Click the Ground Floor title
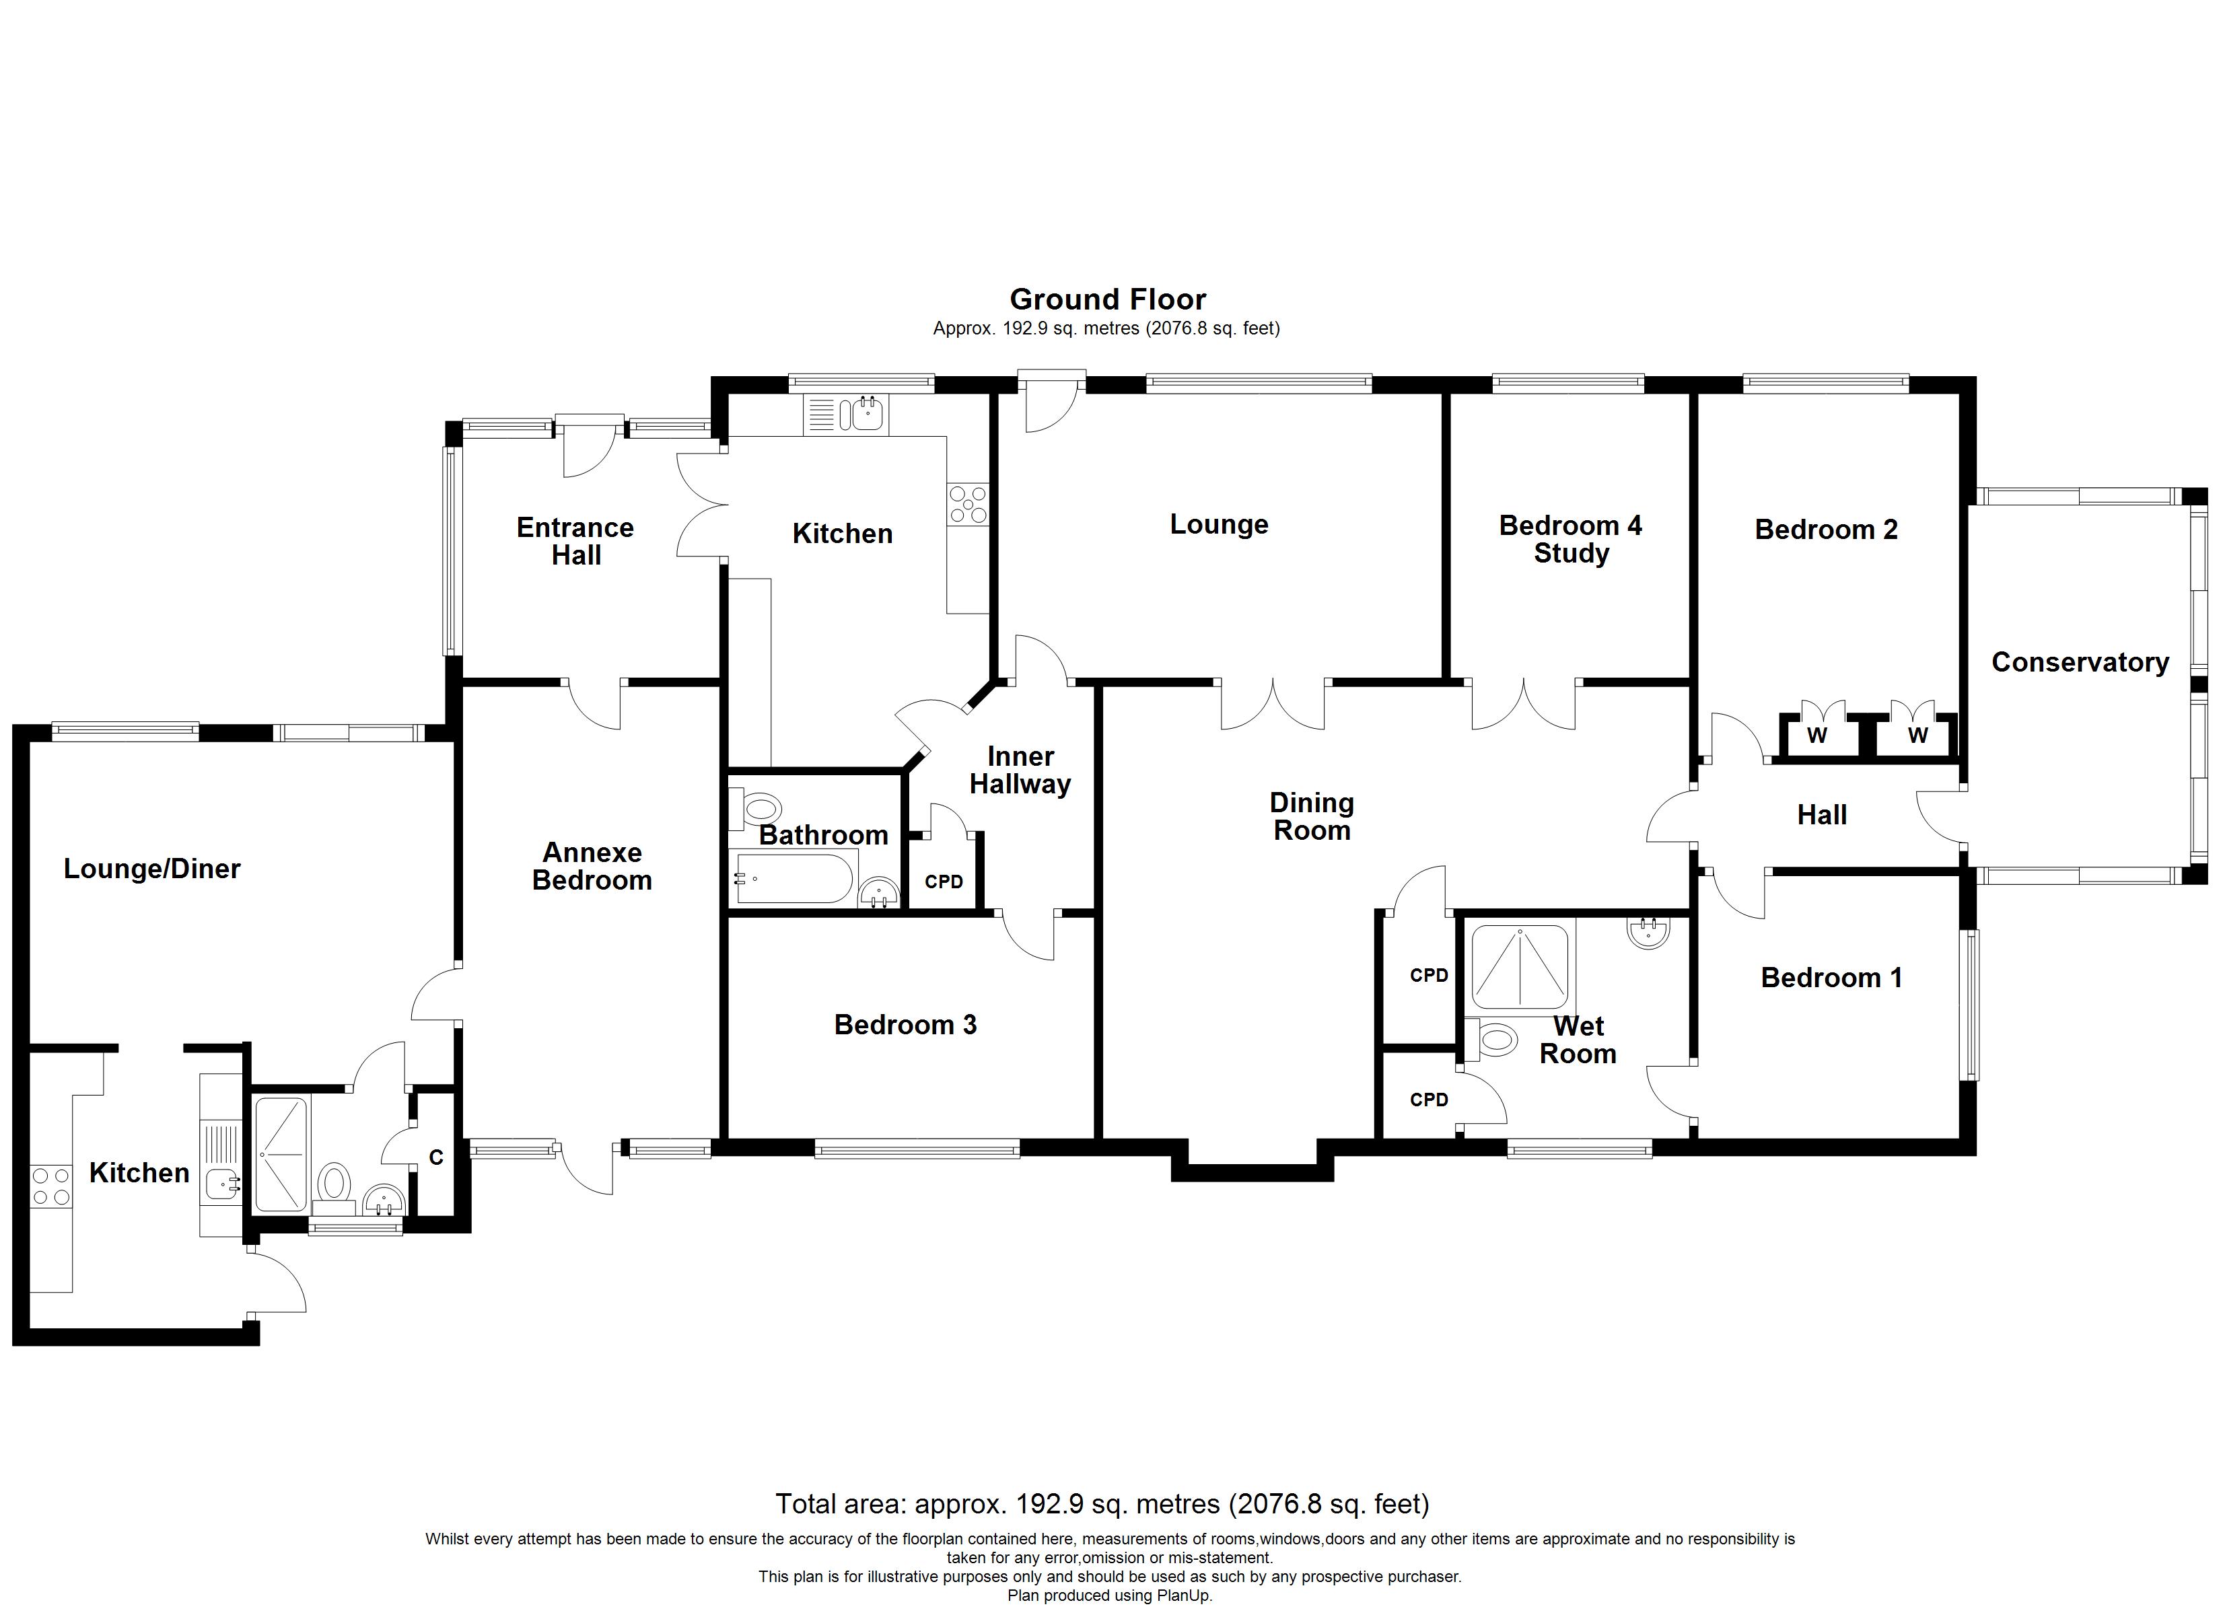point(1108,299)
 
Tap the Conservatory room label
point(2080,662)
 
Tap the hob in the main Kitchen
point(968,505)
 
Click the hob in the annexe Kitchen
point(52,1186)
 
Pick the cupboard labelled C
point(435,1157)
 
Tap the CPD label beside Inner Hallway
point(944,882)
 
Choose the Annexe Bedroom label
point(592,866)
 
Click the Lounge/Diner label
point(152,869)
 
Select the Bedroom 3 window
point(917,1148)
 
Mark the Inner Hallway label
point(1020,770)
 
